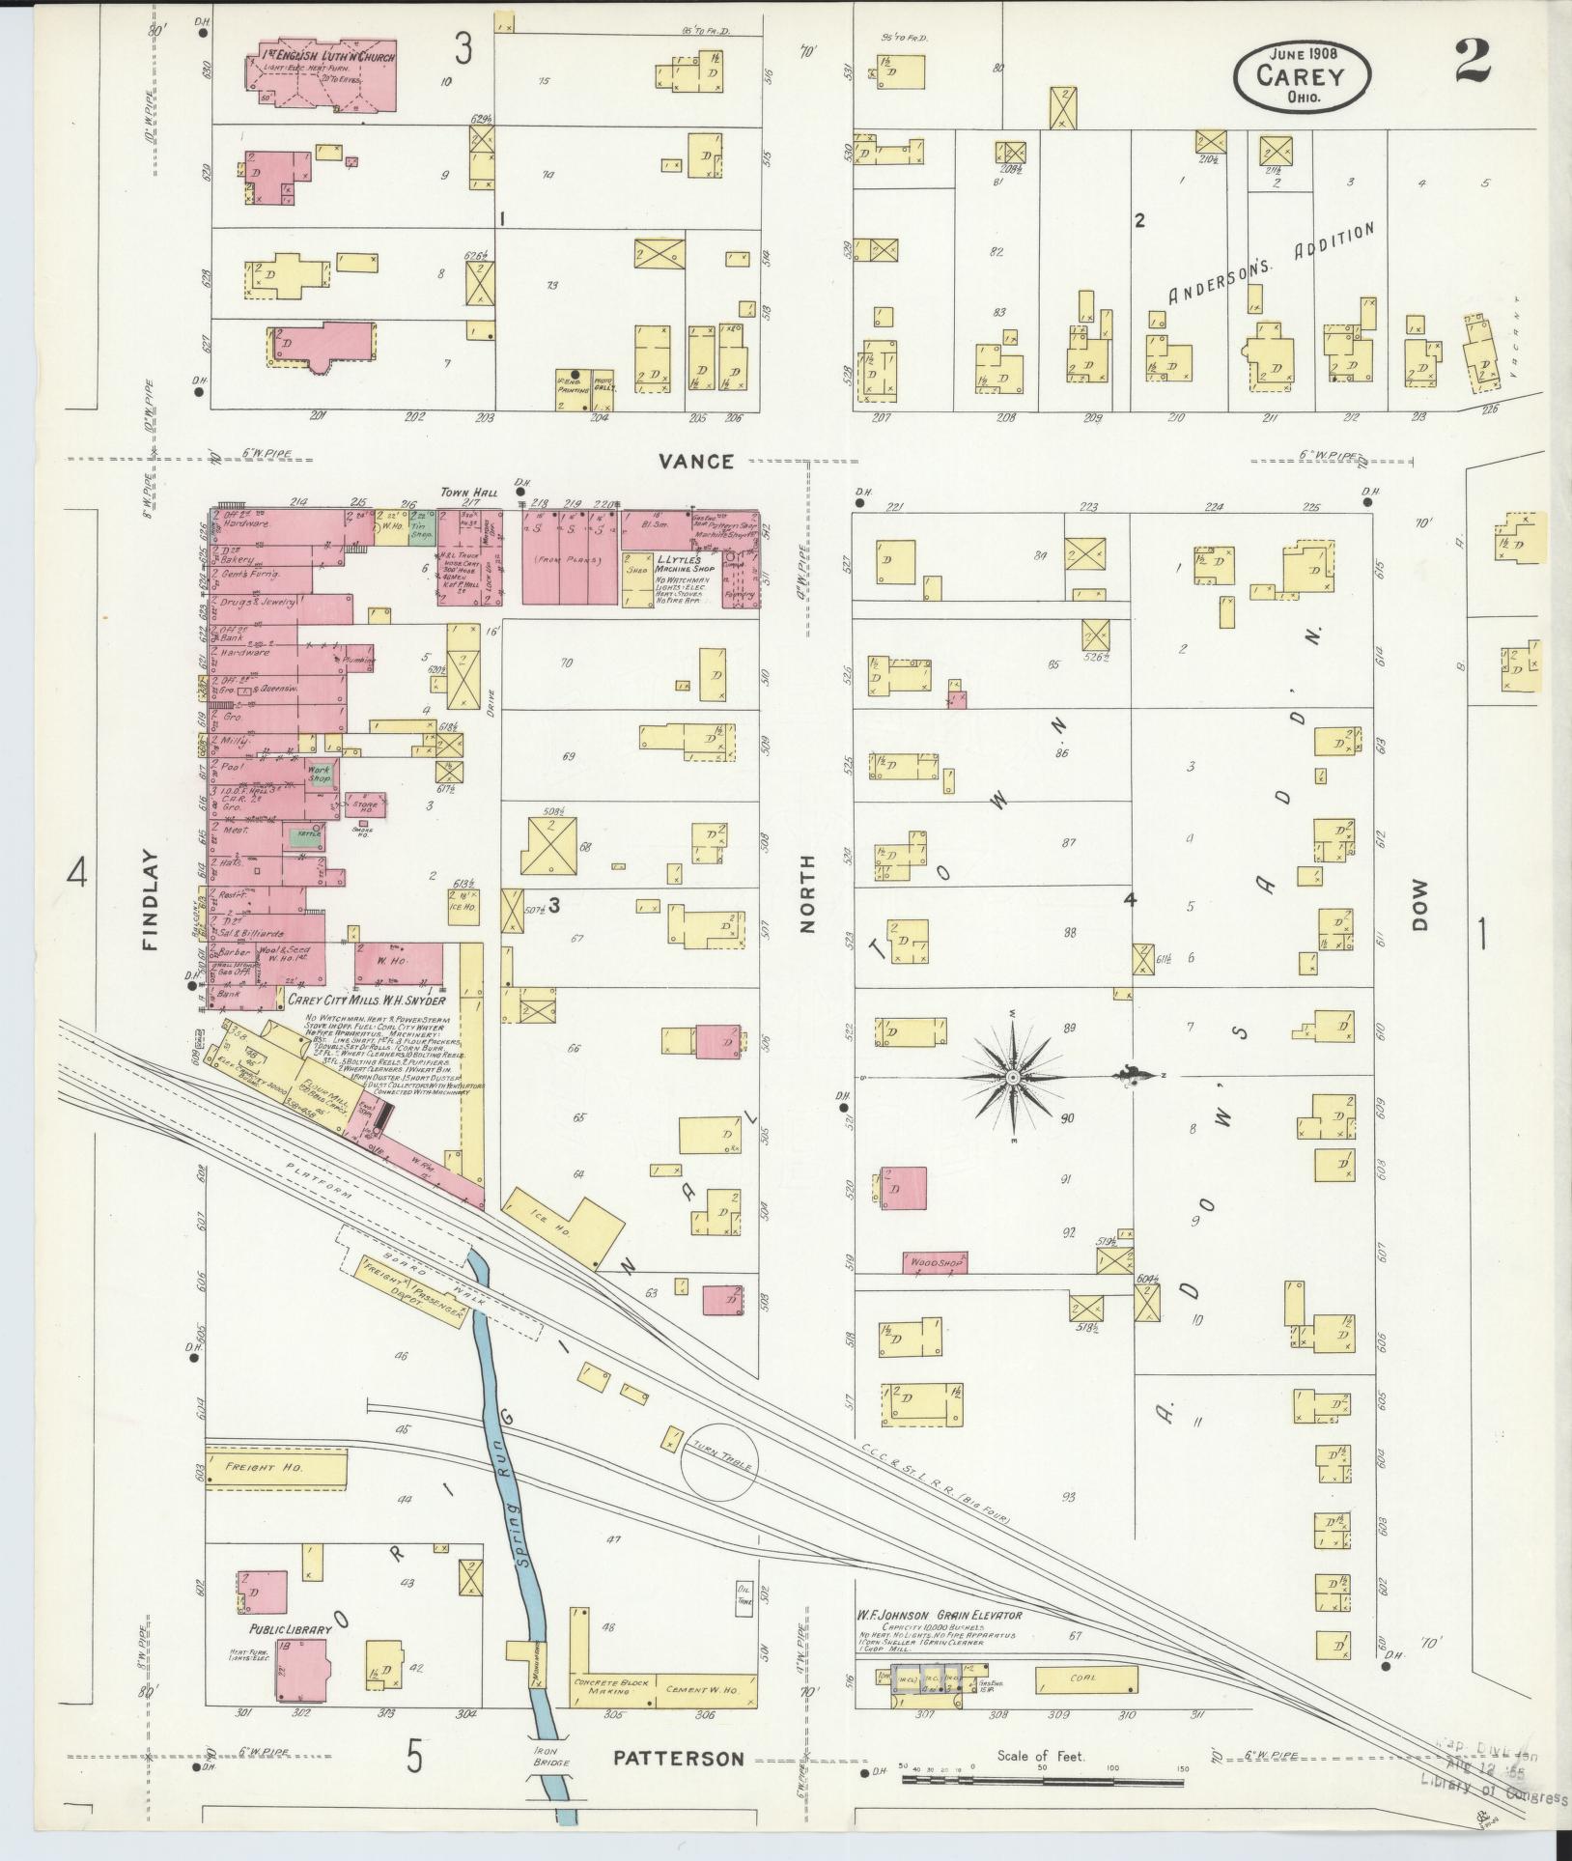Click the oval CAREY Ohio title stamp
(1303, 75)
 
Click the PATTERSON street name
(679, 1758)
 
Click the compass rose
(1013, 1077)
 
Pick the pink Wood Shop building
(934, 1261)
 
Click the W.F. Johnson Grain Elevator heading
(937, 1614)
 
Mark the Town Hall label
(468, 492)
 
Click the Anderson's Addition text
(1270, 265)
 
